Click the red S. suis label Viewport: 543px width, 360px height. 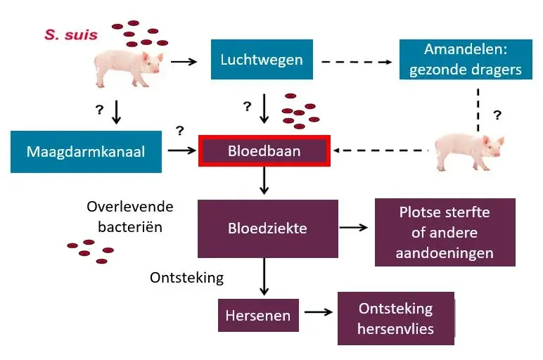70,34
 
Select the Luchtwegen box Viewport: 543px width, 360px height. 262,60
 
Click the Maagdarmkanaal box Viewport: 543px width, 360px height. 86,151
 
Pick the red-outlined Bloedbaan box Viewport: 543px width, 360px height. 264,151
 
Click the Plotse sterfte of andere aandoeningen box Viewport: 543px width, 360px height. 445,232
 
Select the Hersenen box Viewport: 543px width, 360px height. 257,316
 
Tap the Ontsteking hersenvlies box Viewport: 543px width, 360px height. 395,319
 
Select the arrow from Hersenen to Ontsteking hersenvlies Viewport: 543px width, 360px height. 318,314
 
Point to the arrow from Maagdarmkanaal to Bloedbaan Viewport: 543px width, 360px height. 181,150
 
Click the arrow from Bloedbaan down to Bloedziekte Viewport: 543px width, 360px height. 264,181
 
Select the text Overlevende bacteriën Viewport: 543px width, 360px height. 129,217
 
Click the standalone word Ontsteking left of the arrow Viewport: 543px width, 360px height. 186,278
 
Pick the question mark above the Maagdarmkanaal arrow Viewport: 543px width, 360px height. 179,130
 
